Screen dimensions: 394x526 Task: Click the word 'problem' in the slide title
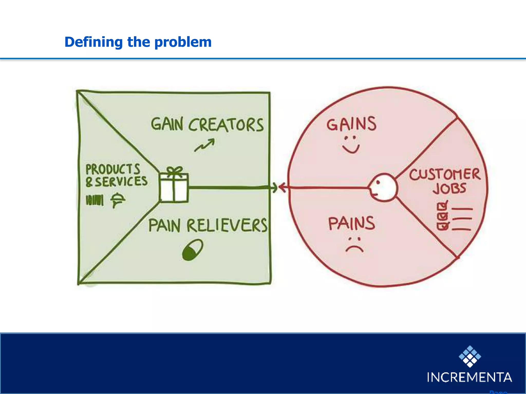click(183, 42)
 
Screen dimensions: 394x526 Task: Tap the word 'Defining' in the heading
click(93, 42)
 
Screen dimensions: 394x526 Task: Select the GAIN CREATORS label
click(207, 125)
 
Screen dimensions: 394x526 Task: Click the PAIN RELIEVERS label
click(208, 225)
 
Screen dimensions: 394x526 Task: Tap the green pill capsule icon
click(193, 250)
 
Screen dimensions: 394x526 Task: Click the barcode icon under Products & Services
click(95, 200)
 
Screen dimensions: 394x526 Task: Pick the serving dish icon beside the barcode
click(118, 200)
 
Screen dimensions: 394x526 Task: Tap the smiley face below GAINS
click(351, 145)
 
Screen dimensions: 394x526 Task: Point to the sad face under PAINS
click(354, 245)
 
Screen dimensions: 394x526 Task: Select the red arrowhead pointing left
click(283, 188)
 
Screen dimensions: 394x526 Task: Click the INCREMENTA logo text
click(469, 377)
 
